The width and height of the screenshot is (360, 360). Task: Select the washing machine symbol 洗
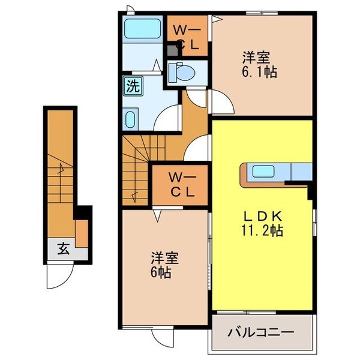coord(132,85)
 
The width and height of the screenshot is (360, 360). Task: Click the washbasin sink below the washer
coord(131,118)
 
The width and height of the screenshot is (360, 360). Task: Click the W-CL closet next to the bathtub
coord(187,35)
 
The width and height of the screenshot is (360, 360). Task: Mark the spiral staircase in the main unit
coord(136,168)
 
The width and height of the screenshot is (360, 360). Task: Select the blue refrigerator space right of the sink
coord(301,172)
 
